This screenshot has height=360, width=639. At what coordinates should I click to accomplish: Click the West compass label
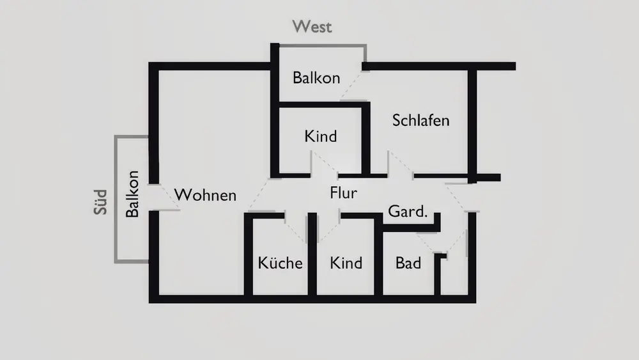pos(312,27)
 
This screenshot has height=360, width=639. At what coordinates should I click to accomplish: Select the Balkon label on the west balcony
pos(316,78)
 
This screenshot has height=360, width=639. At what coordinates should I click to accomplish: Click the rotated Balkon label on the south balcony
pos(132,194)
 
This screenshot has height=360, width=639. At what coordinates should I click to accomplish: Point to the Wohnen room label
pos(205,195)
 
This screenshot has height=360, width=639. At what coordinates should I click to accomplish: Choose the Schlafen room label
pos(420,120)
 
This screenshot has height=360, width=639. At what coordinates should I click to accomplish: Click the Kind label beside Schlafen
pos(320,136)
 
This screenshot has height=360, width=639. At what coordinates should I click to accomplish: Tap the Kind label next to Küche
pos(346,263)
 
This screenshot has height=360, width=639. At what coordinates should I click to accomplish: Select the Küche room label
pos(280,263)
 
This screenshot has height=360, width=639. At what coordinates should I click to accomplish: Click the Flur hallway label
pos(343,192)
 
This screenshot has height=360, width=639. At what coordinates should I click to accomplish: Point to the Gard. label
pos(407,212)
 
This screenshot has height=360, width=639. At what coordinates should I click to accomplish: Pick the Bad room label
pos(408,263)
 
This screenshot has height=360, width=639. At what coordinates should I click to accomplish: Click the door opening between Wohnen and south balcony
pos(154,196)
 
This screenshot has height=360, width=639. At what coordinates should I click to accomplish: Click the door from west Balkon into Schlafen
pos(353,85)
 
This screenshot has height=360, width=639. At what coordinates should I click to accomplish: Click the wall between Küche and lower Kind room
pos(312,256)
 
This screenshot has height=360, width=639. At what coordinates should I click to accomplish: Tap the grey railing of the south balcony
pos(116,198)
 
